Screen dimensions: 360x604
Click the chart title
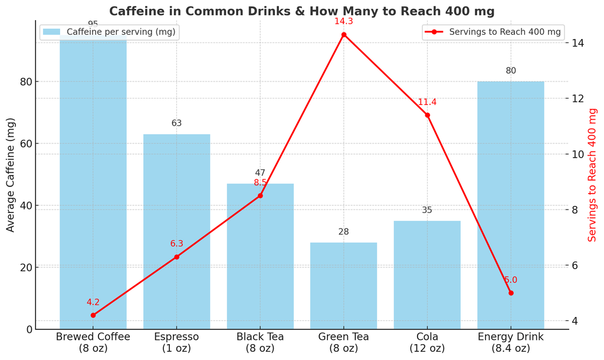click(x=301, y=11)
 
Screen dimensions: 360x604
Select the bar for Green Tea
click(x=343, y=286)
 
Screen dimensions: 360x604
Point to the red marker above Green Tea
click(x=344, y=35)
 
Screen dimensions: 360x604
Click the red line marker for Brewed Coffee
click(x=93, y=315)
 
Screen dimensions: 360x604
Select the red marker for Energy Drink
click(x=511, y=293)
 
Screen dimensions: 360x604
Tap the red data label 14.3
click(x=344, y=21)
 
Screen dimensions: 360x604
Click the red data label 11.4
click(x=427, y=102)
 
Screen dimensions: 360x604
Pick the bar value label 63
click(x=176, y=123)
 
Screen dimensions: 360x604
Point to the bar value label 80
click(x=511, y=71)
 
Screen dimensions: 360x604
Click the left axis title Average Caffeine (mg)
click(x=11, y=175)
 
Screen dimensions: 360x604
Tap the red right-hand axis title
click(x=593, y=175)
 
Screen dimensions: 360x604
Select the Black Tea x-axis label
click(x=260, y=342)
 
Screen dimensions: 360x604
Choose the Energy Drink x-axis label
click(x=511, y=342)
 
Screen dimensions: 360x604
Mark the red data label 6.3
click(x=176, y=244)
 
